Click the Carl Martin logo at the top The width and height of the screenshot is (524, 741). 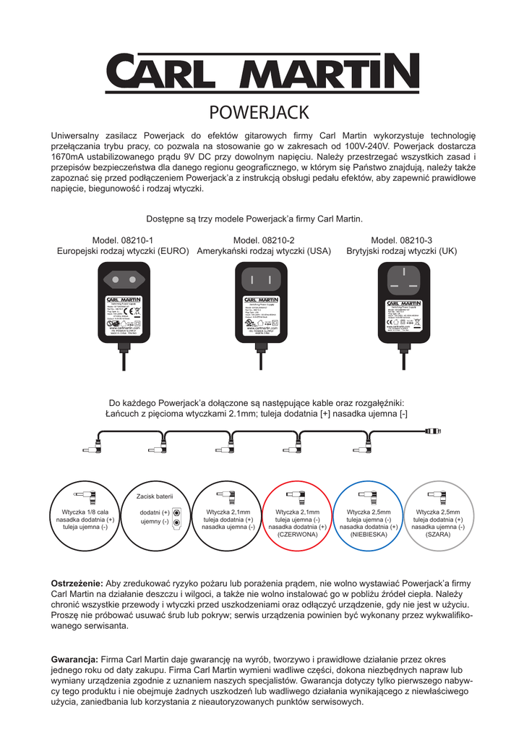[x=262, y=71]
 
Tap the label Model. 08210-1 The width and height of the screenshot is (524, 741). [x=123, y=240]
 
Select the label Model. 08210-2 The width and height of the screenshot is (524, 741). [x=264, y=240]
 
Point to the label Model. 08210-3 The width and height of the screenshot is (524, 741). [x=402, y=240]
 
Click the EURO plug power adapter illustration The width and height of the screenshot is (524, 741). [x=124, y=304]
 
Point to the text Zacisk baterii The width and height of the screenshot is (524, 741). [x=155, y=496]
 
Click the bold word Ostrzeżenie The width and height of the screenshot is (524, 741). [x=77, y=583]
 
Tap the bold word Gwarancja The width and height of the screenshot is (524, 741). [x=74, y=659]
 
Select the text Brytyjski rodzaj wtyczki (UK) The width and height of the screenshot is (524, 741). [x=402, y=252]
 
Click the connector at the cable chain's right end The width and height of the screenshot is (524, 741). [x=433, y=431]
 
